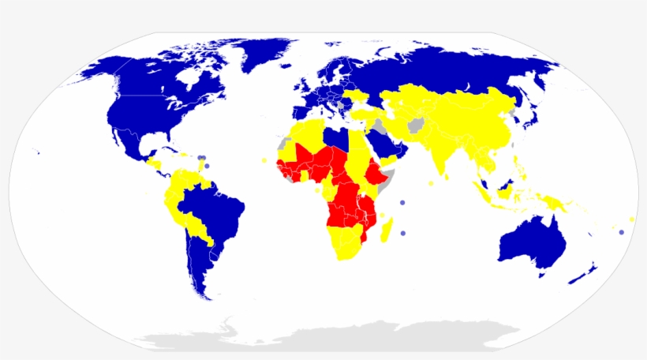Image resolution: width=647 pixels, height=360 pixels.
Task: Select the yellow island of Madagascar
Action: (x=387, y=231)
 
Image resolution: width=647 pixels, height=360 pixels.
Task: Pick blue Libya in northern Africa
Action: (x=337, y=137)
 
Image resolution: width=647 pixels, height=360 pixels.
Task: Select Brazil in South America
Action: (x=213, y=209)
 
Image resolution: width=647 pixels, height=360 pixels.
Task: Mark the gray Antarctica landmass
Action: (x=331, y=336)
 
